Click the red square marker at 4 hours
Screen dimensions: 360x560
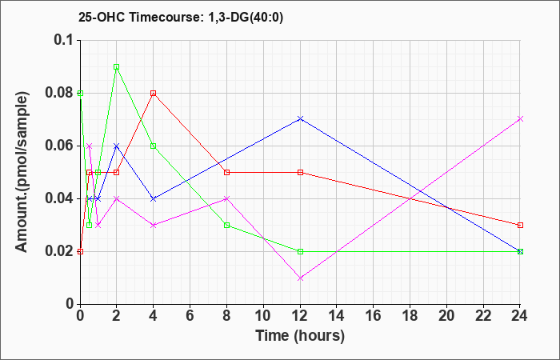(153, 93)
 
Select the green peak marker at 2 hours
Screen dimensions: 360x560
(117, 67)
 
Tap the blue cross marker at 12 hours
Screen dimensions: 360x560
(300, 118)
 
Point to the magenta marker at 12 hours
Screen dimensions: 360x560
(300, 278)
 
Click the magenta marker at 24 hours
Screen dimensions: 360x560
(520, 118)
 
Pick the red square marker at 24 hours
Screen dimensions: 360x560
(520, 225)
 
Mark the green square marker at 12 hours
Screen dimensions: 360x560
(300, 251)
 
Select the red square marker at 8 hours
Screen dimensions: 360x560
(226, 172)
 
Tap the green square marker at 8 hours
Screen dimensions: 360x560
(226, 225)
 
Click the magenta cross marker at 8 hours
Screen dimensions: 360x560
(226, 198)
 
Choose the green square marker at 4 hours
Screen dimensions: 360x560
(153, 146)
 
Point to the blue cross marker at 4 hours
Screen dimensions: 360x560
(153, 198)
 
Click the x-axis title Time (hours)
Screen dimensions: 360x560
(300, 335)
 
